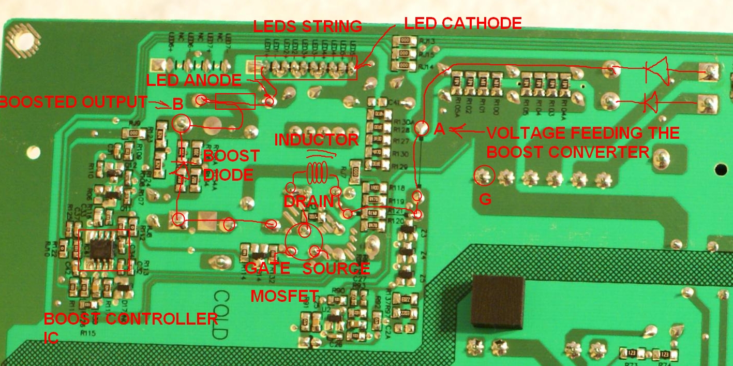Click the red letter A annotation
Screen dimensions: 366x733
(x=439, y=129)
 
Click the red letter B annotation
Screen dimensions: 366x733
(x=177, y=104)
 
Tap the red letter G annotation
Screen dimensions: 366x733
(x=485, y=199)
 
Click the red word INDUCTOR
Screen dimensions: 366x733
(x=316, y=139)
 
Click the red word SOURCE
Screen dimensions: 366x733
(x=336, y=268)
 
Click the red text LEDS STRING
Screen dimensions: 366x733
(x=307, y=26)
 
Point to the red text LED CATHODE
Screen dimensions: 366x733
(x=462, y=23)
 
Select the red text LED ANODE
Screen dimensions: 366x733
(x=194, y=80)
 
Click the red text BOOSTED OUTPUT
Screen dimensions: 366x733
(x=73, y=102)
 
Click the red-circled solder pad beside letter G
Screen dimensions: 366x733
(x=484, y=177)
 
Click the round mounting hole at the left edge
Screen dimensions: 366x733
(x=34, y=152)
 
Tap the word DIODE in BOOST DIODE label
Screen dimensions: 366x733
(x=228, y=174)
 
